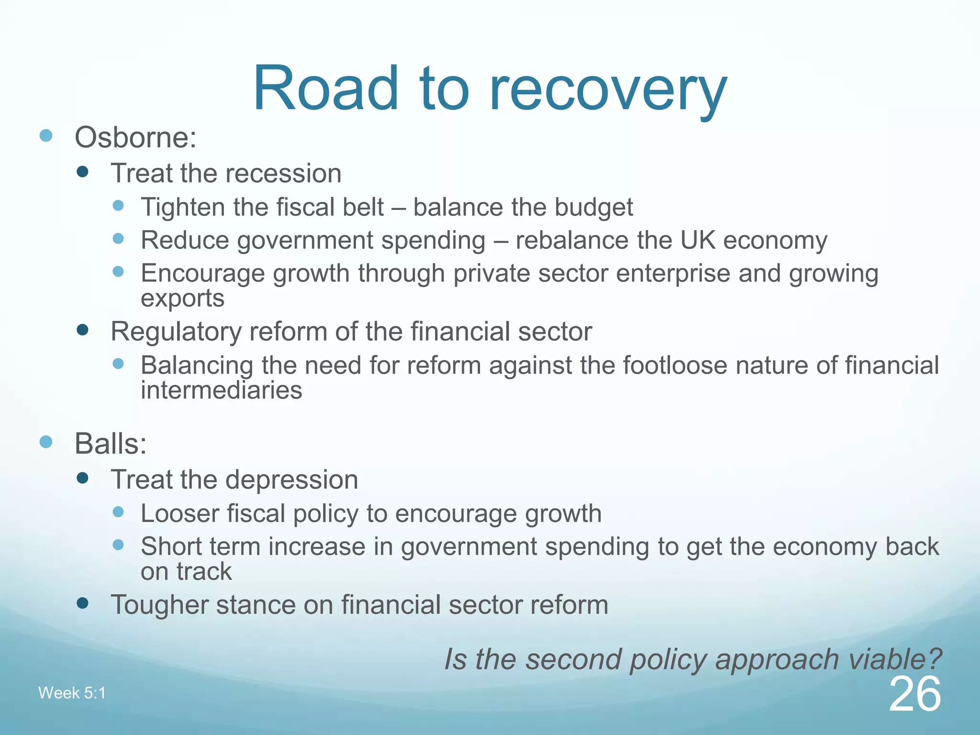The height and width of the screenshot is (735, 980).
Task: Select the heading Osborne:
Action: [x=135, y=137]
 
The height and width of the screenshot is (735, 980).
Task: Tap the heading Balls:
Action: [x=110, y=444]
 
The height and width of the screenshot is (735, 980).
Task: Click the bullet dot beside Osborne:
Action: [x=46, y=135]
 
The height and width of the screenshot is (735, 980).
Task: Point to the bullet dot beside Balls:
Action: [x=46, y=442]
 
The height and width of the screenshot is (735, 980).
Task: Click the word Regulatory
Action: [x=176, y=332]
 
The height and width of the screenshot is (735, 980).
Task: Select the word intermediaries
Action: [x=221, y=390]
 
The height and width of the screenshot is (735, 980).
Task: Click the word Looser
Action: [x=179, y=513]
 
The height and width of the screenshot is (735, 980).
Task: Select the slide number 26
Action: [x=915, y=694]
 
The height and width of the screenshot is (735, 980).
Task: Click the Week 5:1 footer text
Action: [x=72, y=693]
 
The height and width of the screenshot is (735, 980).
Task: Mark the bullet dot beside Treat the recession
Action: [x=83, y=172]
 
